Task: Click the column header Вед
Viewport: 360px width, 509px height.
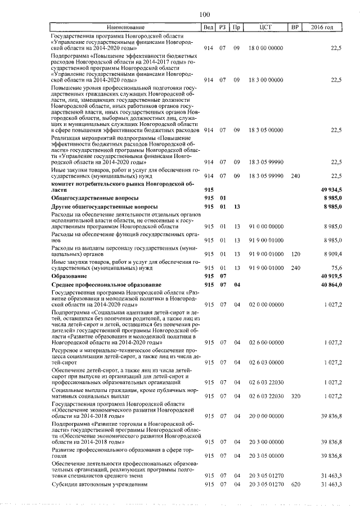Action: [x=208, y=27]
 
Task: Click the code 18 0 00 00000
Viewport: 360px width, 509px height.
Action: [x=265, y=49]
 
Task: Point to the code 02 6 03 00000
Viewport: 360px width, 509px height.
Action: [x=265, y=363]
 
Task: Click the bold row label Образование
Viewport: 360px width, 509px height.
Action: [x=69, y=277]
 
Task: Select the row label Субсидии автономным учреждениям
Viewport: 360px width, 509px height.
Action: [x=99, y=484]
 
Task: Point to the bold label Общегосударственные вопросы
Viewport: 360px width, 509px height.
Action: [x=95, y=198]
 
